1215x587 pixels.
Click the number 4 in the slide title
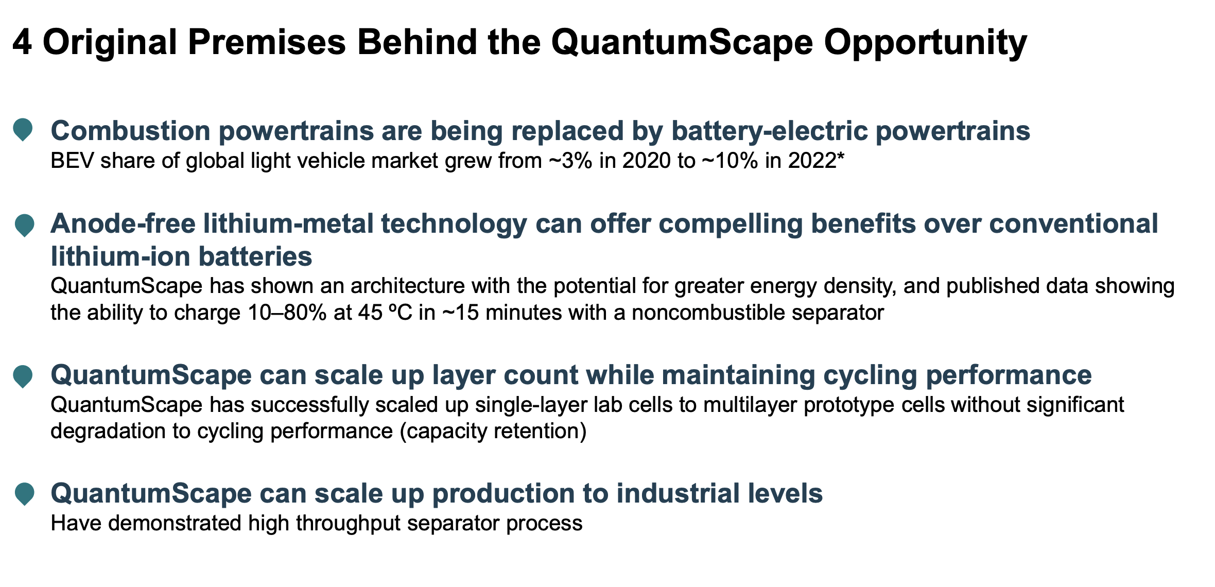click(22, 42)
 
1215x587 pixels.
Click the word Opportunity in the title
click(925, 42)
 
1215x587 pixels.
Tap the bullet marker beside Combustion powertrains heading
click(23, 129)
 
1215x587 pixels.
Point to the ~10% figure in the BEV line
click(731, 161)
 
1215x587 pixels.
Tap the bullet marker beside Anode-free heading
click(24, 225)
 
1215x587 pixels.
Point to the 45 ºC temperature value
click(386, 313)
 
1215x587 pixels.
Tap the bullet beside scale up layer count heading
click(23, 376)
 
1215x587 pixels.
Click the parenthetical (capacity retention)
click(493, 431)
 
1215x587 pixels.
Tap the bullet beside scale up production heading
click(24, 493)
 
